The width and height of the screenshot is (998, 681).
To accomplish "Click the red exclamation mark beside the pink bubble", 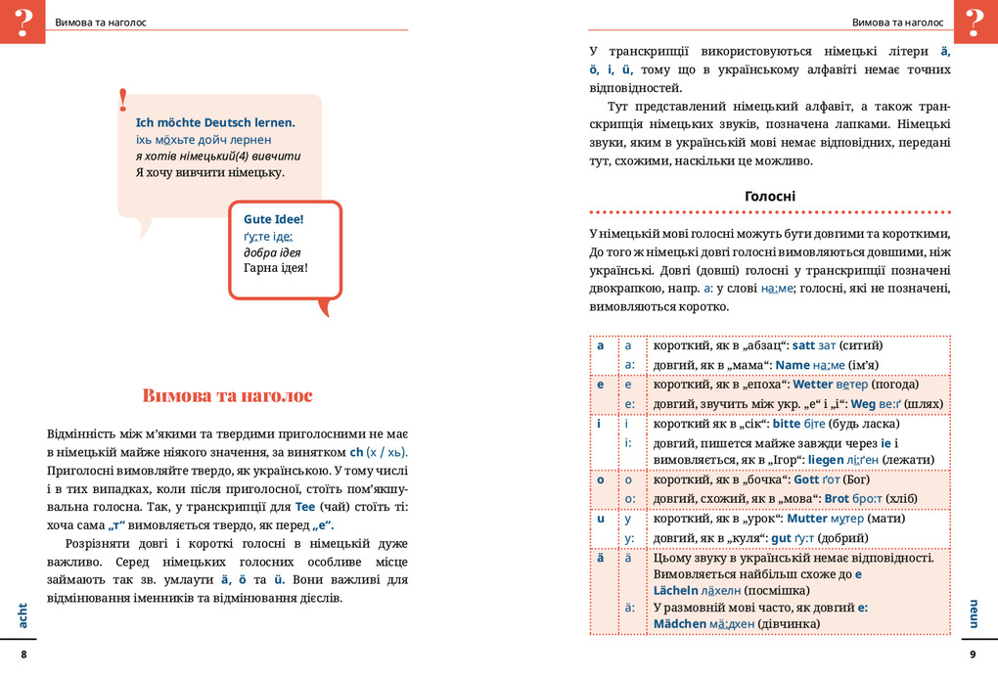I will tap(123, 99).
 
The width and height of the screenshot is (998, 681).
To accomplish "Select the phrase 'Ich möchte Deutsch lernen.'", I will tap(215, 123).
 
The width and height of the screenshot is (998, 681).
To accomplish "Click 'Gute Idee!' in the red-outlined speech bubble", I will tap(274, 219).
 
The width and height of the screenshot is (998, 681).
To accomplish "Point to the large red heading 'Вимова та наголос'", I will tap(227, 395).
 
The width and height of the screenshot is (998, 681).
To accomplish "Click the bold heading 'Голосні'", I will tap(770, 196).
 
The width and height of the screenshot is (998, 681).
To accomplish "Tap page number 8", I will tap(24, 655).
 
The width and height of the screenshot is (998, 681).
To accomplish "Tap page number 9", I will tap(973, 655).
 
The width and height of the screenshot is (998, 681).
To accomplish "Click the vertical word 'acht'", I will tap(23, 614).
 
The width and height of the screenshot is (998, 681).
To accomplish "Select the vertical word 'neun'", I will tap(974, 613).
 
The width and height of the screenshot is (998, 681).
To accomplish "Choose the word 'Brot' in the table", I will tap(838, 498).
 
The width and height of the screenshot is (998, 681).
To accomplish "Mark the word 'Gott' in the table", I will tap(806, 479).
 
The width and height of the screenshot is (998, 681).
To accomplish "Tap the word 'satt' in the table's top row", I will tap(803, 345).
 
